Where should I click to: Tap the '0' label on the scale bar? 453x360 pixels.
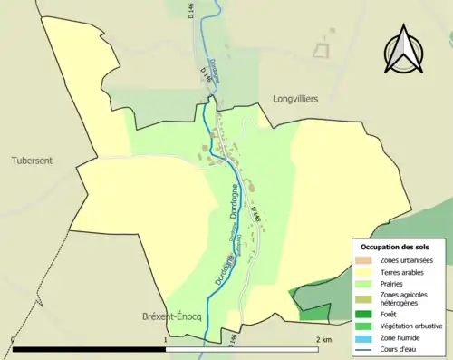coord(13,339)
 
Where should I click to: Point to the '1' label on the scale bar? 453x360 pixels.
coord(164,339)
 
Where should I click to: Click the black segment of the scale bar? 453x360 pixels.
coord(88,349)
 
